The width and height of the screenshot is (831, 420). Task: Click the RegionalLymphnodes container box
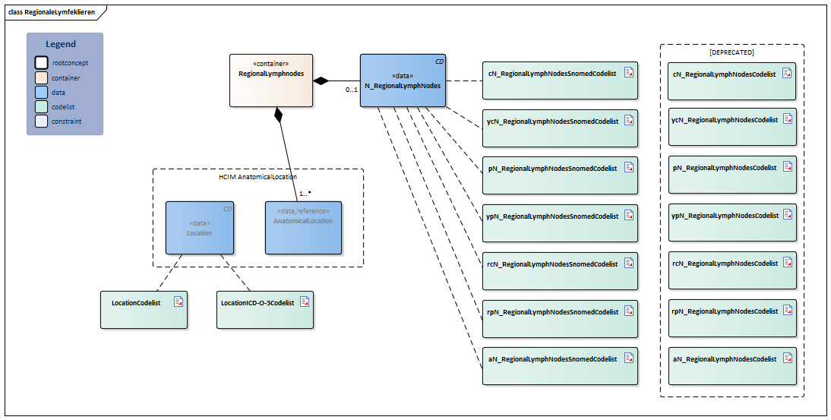coord(271,80)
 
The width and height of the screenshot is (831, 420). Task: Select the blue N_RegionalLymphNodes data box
coord(403,80)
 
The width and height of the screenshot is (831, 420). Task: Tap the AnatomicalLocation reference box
coord(303,227)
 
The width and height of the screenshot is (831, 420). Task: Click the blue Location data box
coord(199,227)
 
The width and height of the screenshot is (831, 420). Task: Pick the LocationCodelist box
coord(144,309)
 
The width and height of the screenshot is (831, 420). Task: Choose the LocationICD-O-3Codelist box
coord(265,309)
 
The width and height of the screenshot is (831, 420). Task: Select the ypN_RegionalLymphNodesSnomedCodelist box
coord(560,224)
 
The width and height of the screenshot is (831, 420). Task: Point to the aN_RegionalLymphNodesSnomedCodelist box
coord(560,366)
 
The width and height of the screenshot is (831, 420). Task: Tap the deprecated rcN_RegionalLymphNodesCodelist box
coord(731,270)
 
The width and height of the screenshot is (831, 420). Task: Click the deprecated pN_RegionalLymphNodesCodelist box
coord(731,175)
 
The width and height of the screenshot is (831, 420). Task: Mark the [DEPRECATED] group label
coord(731,52)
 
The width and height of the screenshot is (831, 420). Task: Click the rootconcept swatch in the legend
coord(41,63)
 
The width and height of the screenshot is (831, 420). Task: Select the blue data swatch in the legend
coord(41,92)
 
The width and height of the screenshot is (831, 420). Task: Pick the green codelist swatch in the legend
coord(41,106)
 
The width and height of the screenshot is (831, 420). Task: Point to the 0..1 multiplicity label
coord(352,90)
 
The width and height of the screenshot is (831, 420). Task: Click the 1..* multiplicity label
coord(305,193)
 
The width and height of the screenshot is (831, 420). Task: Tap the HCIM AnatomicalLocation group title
coord(258,177)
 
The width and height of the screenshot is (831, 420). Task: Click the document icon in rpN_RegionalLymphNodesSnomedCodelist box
coord(629,311)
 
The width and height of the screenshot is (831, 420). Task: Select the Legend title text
coord(61,44)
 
